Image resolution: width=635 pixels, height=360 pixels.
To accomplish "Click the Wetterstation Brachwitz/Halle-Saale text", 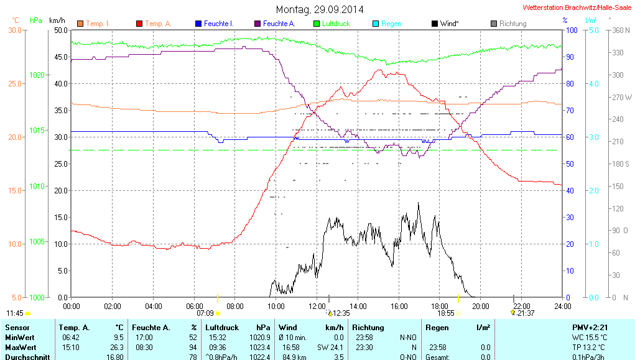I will (578, 8).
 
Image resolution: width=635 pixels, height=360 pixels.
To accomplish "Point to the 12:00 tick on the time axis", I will (318, 306).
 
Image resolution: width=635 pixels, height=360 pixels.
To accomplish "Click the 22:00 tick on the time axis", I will (522, 306).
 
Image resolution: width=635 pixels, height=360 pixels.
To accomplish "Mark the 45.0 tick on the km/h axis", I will (60, 57).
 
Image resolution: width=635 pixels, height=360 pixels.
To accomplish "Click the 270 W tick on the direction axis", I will (622, 98).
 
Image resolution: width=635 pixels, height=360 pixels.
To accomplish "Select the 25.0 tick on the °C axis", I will (14, 83).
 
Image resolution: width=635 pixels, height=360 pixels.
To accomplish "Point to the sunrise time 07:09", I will (205, 313).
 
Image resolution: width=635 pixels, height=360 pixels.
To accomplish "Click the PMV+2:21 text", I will (590, 327).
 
